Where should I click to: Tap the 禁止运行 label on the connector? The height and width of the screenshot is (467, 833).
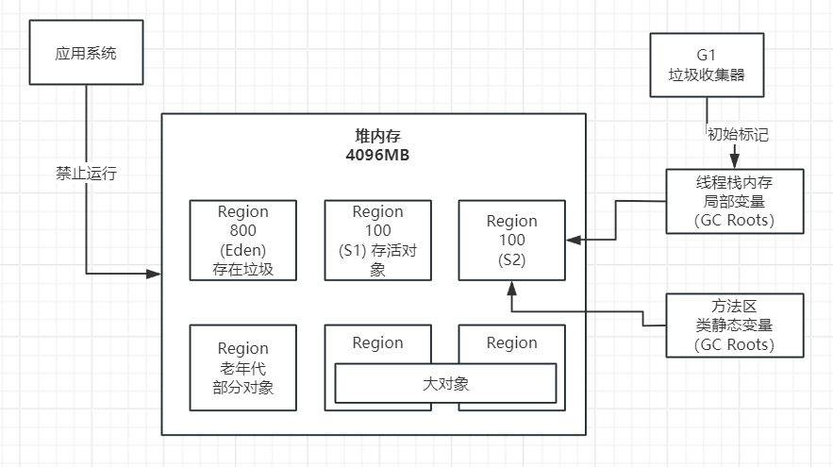click(x=86, y=175)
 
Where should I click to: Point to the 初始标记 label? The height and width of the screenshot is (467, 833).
click(x=738, y=134)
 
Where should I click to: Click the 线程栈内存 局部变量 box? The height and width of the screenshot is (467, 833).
click(x=735, y=201)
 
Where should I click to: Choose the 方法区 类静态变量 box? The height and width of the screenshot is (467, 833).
click(x=735, y=325)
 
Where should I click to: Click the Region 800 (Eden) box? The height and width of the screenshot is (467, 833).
click(x=243, y=241)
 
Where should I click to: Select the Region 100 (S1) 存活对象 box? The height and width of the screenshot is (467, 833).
click(x=377, y=241)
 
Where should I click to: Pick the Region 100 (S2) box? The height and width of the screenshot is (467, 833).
click(x=511, y=241)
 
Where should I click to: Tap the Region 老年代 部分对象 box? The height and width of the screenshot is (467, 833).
click(x=243, y=368)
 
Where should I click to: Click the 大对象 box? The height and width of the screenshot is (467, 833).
click(x=445, y=383)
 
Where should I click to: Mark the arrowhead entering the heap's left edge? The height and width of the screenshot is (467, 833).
click(x=155, y=275)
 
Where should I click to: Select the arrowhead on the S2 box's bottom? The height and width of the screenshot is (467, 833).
click(x=511, y=287)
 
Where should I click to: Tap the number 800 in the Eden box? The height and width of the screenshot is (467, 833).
click(x=243, y=231)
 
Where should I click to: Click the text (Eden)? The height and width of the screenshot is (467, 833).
click(x=243, y=251)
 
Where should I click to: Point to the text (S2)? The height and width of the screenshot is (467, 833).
click(x=511, y=259)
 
